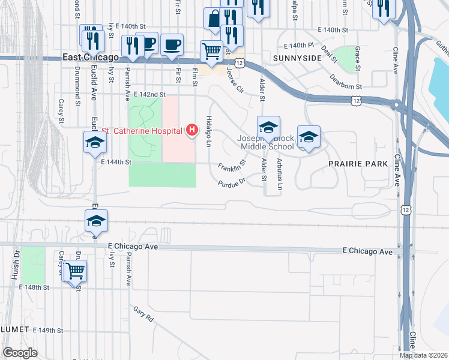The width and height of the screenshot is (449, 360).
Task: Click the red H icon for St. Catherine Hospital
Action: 192,130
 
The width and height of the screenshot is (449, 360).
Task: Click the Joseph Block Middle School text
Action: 268,142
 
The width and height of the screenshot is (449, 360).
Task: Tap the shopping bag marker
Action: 214,20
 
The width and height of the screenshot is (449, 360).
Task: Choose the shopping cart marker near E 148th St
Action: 75,271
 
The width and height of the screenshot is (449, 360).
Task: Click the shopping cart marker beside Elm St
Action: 211,52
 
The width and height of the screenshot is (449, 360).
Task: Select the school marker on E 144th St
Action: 95,143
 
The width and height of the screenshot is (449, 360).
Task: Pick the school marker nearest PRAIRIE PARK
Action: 309,137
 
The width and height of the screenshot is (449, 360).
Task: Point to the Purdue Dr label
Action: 232,181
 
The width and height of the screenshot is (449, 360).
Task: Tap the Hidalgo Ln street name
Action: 209,131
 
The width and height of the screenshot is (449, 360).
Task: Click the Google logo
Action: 20,353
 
